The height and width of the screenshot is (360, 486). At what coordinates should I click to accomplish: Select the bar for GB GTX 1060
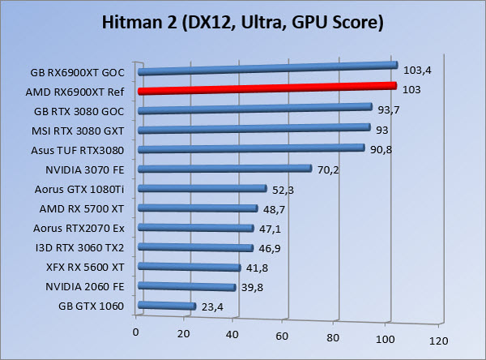point(168,306)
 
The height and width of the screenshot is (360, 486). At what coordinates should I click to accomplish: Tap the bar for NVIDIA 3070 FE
point(225,169)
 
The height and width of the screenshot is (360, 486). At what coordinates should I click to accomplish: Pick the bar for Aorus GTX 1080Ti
point(202,189)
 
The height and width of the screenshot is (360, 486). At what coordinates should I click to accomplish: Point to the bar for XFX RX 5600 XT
point(190,267)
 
